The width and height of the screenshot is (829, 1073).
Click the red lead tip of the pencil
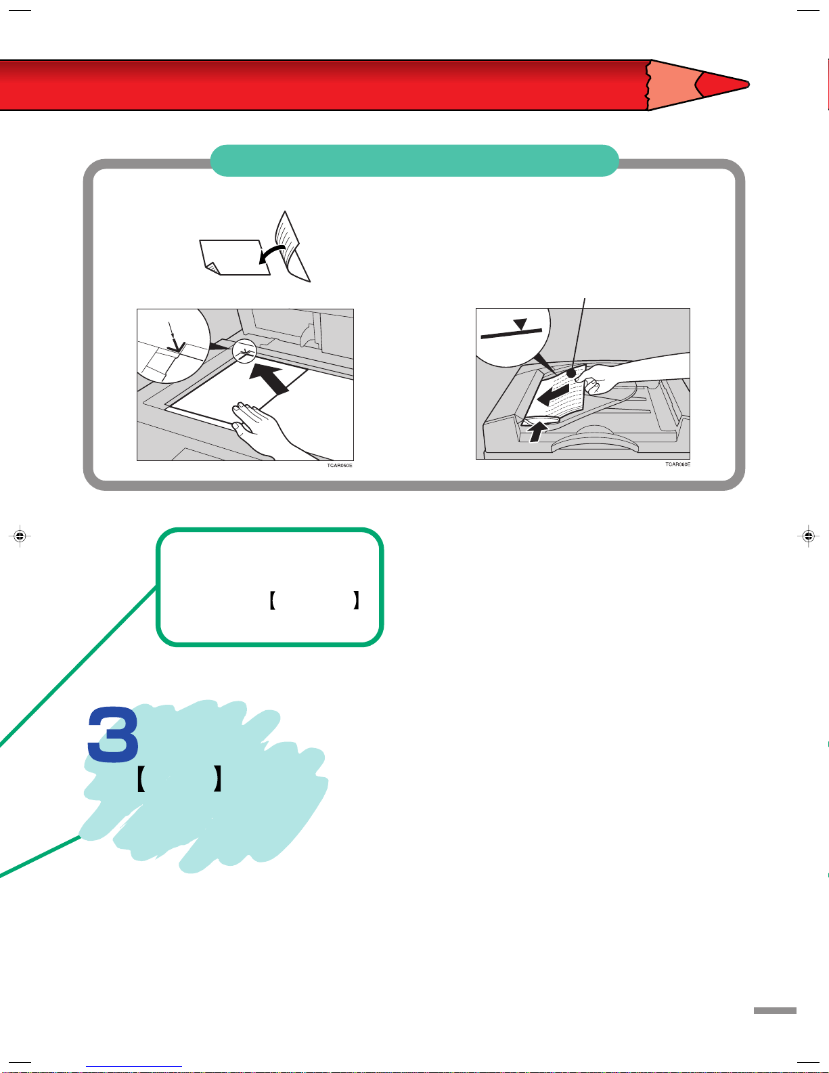click(723, 85)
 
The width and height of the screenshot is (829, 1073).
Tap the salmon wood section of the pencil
click(671, 85)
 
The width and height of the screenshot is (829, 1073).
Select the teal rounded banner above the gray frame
click(414, 160)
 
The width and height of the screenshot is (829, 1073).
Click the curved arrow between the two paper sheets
click(272, 253)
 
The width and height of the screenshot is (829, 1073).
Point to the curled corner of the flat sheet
click(212, 268)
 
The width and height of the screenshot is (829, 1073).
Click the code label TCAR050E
click(340, 466)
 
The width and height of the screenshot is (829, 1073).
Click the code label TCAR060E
click(677, 464)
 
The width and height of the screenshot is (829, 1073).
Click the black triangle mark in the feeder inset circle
click(520, 324)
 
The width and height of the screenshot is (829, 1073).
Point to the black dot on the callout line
click(571, 374)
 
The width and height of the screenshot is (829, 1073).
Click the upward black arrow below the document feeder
click(537, 432)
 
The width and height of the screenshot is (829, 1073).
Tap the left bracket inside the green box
click(272, 600)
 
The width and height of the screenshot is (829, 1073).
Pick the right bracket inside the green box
click(356, 600)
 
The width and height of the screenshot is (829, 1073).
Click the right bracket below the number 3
click(217, 779)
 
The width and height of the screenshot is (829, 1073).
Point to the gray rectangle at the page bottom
click(775, 1011)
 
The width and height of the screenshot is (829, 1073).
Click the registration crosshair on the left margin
click(20, 535)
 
